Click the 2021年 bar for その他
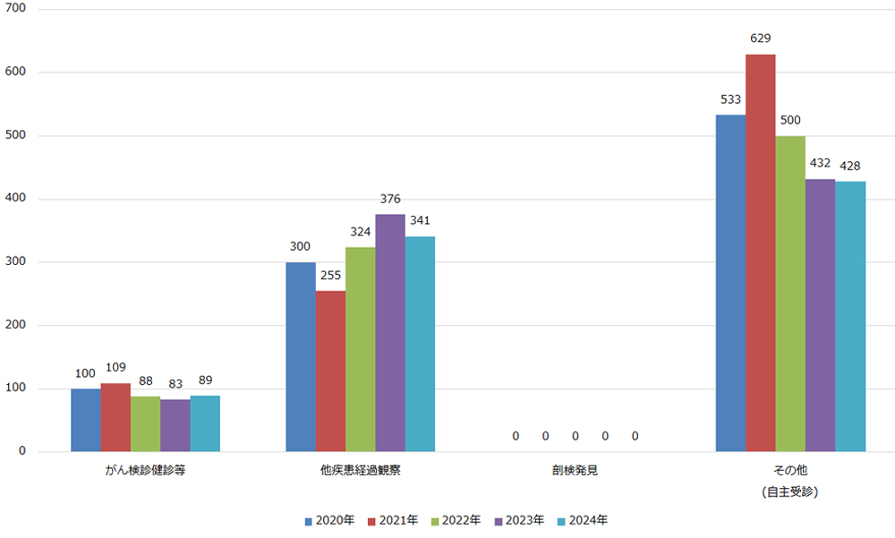click(761, 253)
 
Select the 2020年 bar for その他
click(730, 284)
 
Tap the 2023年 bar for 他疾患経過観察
click(389, 333)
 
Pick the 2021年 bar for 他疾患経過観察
click(330, 371)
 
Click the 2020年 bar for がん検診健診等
click(86, 421)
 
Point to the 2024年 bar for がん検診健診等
click(205, 424)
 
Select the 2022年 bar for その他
click(790, 294)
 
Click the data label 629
click(761, 38)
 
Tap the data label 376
click(389, 199)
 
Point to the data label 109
click(115, 368)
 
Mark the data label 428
click(850, 167)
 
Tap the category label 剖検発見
click(575, 469)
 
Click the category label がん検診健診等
click(145, 469)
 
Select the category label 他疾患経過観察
click(360, 469)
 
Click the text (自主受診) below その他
click(790, 491)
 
